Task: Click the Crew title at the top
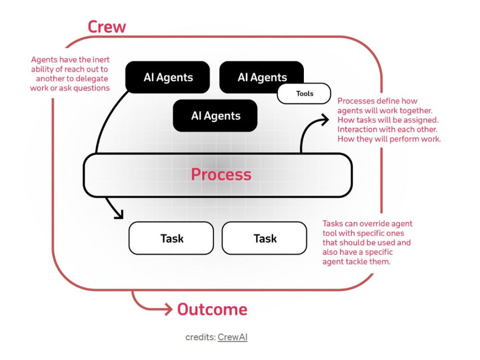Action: click(x=107, y=26)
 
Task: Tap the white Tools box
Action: click(x=304, y=94)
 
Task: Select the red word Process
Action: click(x=221, y=175)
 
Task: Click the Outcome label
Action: click(x=212, y=309)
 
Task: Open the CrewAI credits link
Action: click(x=233, y=337)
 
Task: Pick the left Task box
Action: click(x=171, y=238)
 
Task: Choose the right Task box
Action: click(x=264, y=238)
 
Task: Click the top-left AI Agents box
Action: click(x=168, y=77)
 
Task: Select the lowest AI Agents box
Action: click(x=215, y=116)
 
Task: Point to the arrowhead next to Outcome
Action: click(x=168, y=309)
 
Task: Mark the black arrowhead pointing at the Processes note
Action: click(x=324, y=120)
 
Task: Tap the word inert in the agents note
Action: click(x=101, y=60)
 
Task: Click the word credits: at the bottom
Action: click(x=201, y=337)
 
